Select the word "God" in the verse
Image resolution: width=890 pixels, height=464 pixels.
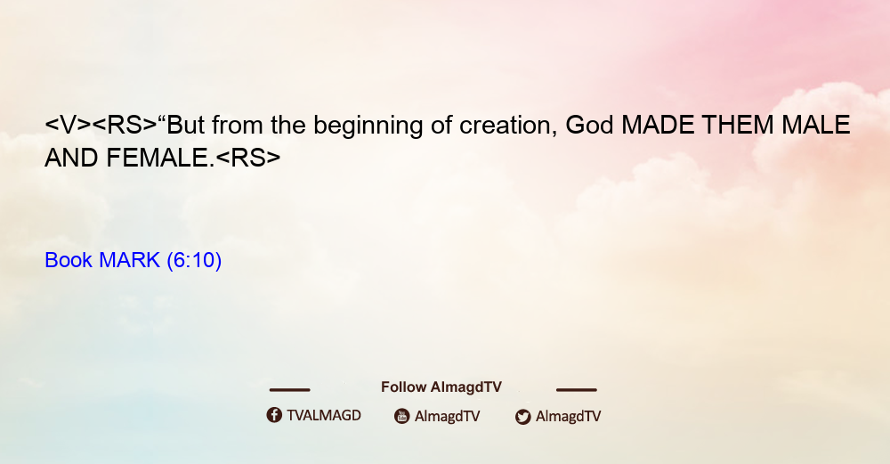tap(590, 125)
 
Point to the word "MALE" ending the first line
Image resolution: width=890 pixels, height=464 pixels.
tap(815, 125)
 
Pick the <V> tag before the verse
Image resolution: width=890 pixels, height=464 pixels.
tap(68, 125)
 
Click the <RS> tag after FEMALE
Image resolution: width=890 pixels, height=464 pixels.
tap(248, 158)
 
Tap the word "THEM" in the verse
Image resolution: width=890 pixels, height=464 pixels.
tap(738, 125)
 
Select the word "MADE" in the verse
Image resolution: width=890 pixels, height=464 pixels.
tap(658, 125)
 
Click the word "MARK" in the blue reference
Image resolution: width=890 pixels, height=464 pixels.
tap(129, 260)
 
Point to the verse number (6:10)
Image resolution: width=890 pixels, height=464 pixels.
tap(194, 260)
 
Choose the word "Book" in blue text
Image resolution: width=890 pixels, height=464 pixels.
tap(69, 260)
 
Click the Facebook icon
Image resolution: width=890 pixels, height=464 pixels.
tap(274, 415)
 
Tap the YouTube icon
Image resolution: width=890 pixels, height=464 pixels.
tap(402, 416)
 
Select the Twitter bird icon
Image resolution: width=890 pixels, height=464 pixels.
tap(522, 417)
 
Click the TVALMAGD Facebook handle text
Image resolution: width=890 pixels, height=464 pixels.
tap(324, 416)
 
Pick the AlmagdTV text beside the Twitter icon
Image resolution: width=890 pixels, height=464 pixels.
tap(568, 416)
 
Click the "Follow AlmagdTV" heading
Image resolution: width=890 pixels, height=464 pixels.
tap(441, 387)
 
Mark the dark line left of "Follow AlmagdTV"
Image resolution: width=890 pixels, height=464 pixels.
tap(289, 390)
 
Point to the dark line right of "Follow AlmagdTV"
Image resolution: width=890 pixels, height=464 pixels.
tap(577, 390)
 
